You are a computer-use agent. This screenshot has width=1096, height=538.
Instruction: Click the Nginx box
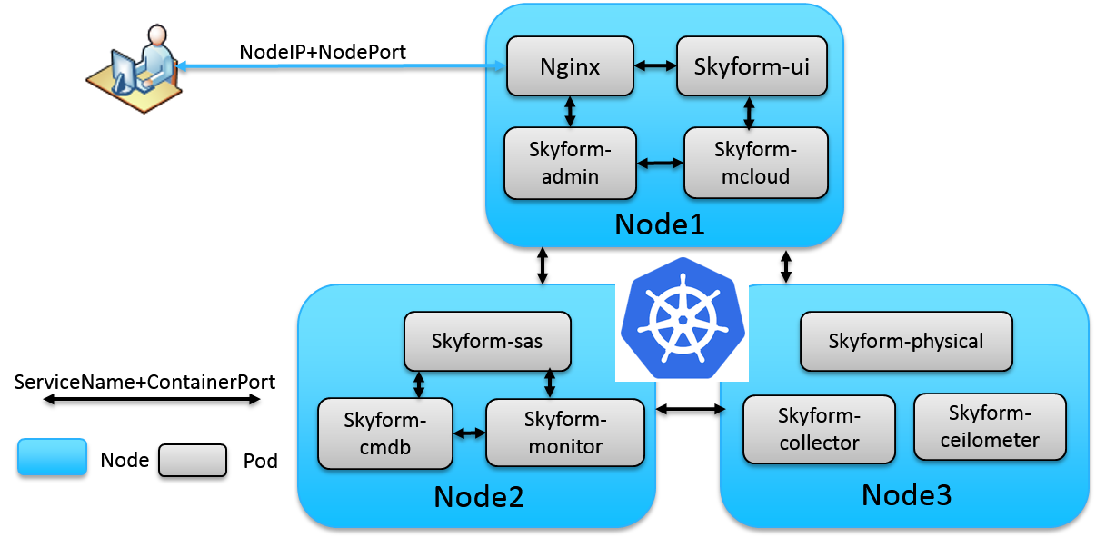click(x=570, y=66)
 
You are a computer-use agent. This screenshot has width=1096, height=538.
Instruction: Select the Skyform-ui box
click(x=752, y=66)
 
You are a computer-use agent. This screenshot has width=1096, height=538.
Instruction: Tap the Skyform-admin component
click(x=570, y=163)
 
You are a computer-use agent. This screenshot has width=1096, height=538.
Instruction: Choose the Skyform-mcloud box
click(x=755, y=163)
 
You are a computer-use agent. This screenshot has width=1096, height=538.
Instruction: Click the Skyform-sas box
click(x=487, y=342)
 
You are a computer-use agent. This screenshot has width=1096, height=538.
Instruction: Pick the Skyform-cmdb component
click(x=385, y=433)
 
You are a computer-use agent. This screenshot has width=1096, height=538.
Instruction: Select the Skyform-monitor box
click(x=564, y=433)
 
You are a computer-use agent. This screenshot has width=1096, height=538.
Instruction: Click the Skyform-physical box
click(x=905, y=342)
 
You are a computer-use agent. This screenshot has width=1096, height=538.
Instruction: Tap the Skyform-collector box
click(x=819, y=429)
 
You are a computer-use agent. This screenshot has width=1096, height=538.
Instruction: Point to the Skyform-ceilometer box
click(x=989, y=426)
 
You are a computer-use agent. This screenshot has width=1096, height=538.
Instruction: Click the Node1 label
click(x=660, y=224)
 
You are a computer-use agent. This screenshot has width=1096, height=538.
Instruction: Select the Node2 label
click(x=479, y=497)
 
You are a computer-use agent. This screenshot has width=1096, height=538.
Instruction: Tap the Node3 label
click(x=906, y=495)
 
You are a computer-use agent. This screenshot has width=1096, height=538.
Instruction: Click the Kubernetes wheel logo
click(x=682, y=318)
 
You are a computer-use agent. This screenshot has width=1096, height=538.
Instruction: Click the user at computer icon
click(x=135, y=65)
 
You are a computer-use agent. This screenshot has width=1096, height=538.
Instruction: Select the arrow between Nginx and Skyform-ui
click(x=655, y=66)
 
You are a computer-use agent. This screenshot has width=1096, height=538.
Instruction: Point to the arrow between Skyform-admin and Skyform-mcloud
click(x=660, y=164)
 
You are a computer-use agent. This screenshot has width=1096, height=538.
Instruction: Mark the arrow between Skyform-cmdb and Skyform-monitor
click(x=469, y=433)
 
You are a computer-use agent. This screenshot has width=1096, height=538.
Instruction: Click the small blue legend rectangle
click(x=52, y=456)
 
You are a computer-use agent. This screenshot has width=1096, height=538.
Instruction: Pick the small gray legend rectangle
click(x=192, y=460)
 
